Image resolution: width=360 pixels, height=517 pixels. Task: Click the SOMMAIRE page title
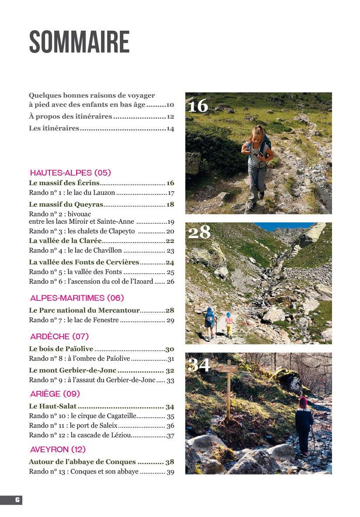79,42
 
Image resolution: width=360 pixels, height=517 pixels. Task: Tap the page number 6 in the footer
17,500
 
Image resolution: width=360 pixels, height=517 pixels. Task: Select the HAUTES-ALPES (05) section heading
70,172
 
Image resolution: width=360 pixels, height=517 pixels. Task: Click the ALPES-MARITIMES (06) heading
77,298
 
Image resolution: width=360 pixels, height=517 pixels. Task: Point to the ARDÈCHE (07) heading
59,336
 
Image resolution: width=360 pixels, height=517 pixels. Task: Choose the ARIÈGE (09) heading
55,394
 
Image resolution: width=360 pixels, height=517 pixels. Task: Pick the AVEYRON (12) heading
58,449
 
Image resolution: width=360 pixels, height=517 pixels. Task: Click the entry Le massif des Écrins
64,183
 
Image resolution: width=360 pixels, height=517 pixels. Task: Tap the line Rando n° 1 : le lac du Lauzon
72,193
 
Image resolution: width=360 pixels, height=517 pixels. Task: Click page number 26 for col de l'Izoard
170,281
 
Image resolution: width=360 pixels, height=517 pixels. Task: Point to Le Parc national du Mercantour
84,310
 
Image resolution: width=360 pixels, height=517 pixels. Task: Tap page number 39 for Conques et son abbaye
170,471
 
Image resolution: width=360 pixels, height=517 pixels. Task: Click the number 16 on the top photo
198,106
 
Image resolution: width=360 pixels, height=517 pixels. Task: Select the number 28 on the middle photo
199,232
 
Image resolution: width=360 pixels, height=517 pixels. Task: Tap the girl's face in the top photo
258,134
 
